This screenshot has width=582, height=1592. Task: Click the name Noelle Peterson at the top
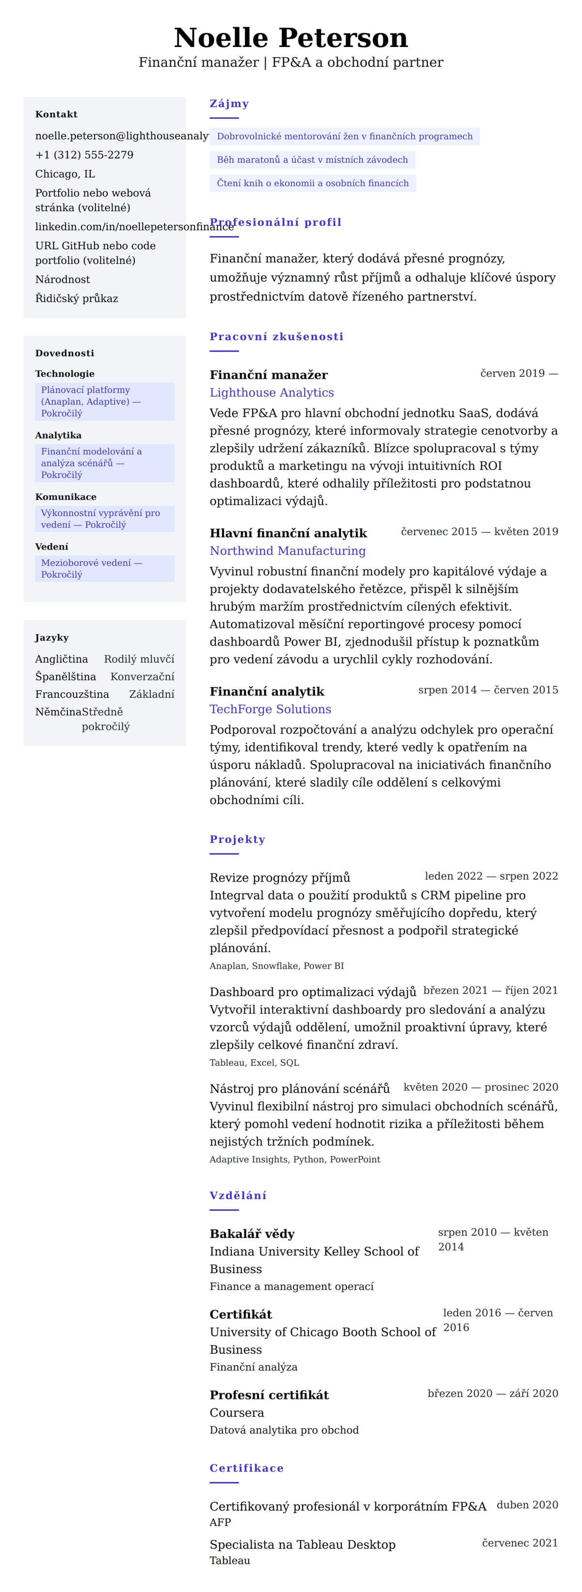[291, 38]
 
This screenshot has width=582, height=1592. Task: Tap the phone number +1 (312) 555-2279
[84, 155]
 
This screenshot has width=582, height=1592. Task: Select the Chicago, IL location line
[65, 174]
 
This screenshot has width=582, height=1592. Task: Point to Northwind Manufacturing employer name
[287, 551]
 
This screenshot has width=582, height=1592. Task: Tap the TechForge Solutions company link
[270, 709]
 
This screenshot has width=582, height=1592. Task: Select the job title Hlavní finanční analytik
[288, 533]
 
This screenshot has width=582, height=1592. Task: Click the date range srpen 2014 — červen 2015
[487, 690]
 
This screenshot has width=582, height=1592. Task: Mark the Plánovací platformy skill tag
[104, 401]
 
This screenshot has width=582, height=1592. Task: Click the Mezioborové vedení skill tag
[104, 568]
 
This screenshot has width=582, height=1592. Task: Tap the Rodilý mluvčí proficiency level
[139, 659]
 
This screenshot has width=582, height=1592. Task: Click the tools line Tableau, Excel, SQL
[254, 1062]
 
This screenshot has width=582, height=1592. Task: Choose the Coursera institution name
[237, 1412]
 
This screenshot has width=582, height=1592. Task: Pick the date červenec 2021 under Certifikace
[519, 1543]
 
